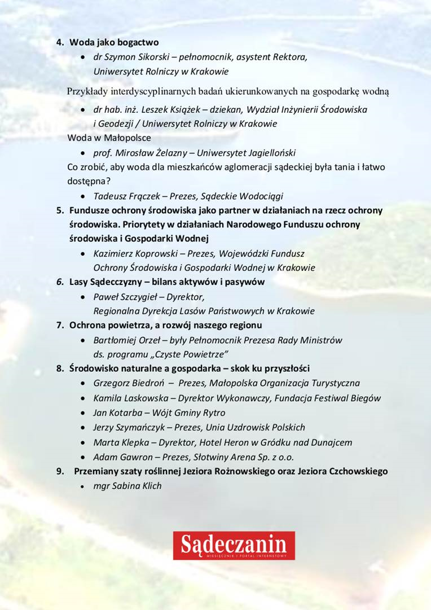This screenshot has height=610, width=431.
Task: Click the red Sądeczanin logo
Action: pyautogui.click(x=234, y=545)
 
